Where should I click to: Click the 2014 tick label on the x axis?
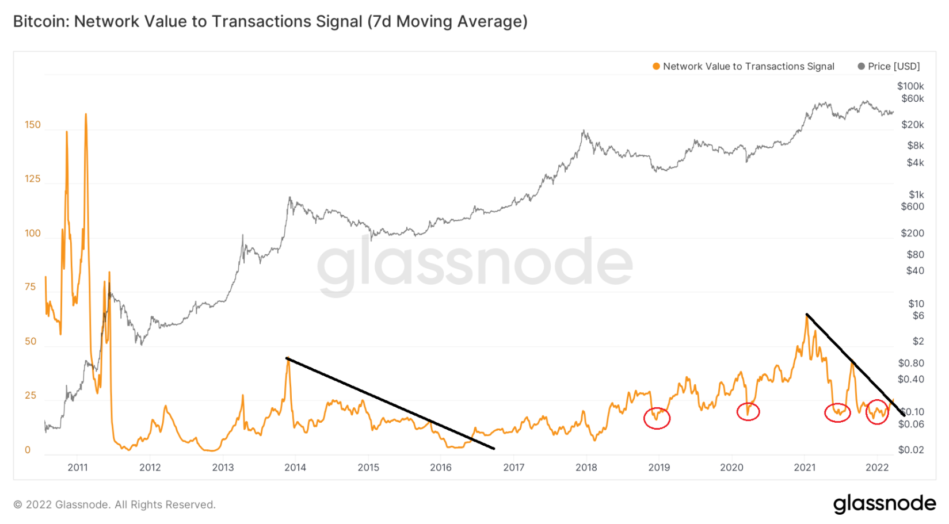(295, 467)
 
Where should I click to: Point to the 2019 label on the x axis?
(659, 467)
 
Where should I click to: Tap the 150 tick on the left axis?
(33, 125)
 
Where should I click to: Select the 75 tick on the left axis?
(31, 286)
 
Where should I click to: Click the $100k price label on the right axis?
(910, 86)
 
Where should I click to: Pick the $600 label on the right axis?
(912, 206)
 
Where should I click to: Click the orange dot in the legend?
(656, 66)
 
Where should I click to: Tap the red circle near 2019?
(657, 418)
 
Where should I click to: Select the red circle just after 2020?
(748, 412)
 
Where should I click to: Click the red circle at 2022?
(877, 412)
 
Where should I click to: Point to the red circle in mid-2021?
(837, 412)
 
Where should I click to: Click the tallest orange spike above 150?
(86, 114)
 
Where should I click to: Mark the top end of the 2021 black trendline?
(807, 314)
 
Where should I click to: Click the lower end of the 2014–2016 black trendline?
(494, 449)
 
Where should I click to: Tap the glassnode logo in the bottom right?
(885, 504)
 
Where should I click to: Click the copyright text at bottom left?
(115, 504)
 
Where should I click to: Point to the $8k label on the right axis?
(915, 146)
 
